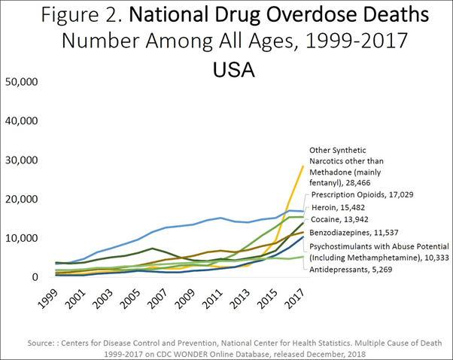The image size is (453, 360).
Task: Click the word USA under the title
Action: tap(234, 70)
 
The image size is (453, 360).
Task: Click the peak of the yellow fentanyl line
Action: tap(303, 166)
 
